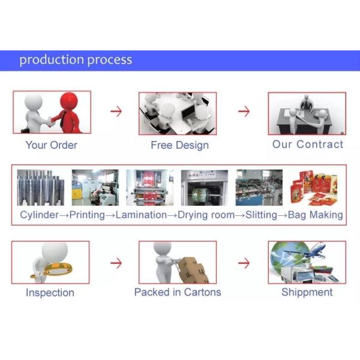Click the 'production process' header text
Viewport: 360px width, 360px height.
coord(76,60)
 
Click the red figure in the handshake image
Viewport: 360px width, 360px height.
coord(70,112)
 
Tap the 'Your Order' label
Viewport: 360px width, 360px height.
coord(51,145)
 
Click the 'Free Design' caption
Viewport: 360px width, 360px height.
coord(179,145)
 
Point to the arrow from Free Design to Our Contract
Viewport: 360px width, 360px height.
coord(243,112)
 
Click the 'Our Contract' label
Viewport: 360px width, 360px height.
coord(308,145)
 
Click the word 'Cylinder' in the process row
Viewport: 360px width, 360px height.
coord(40,215)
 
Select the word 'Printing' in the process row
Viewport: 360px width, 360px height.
coord(87,215)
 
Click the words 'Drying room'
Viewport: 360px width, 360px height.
coord(206,215)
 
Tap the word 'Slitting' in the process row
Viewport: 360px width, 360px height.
coord(262,215)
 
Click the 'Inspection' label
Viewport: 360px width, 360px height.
coord(50,293)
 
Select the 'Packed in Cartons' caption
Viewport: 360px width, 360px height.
coord(178,292)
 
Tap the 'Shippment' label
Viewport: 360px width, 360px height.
coord(307,292)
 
